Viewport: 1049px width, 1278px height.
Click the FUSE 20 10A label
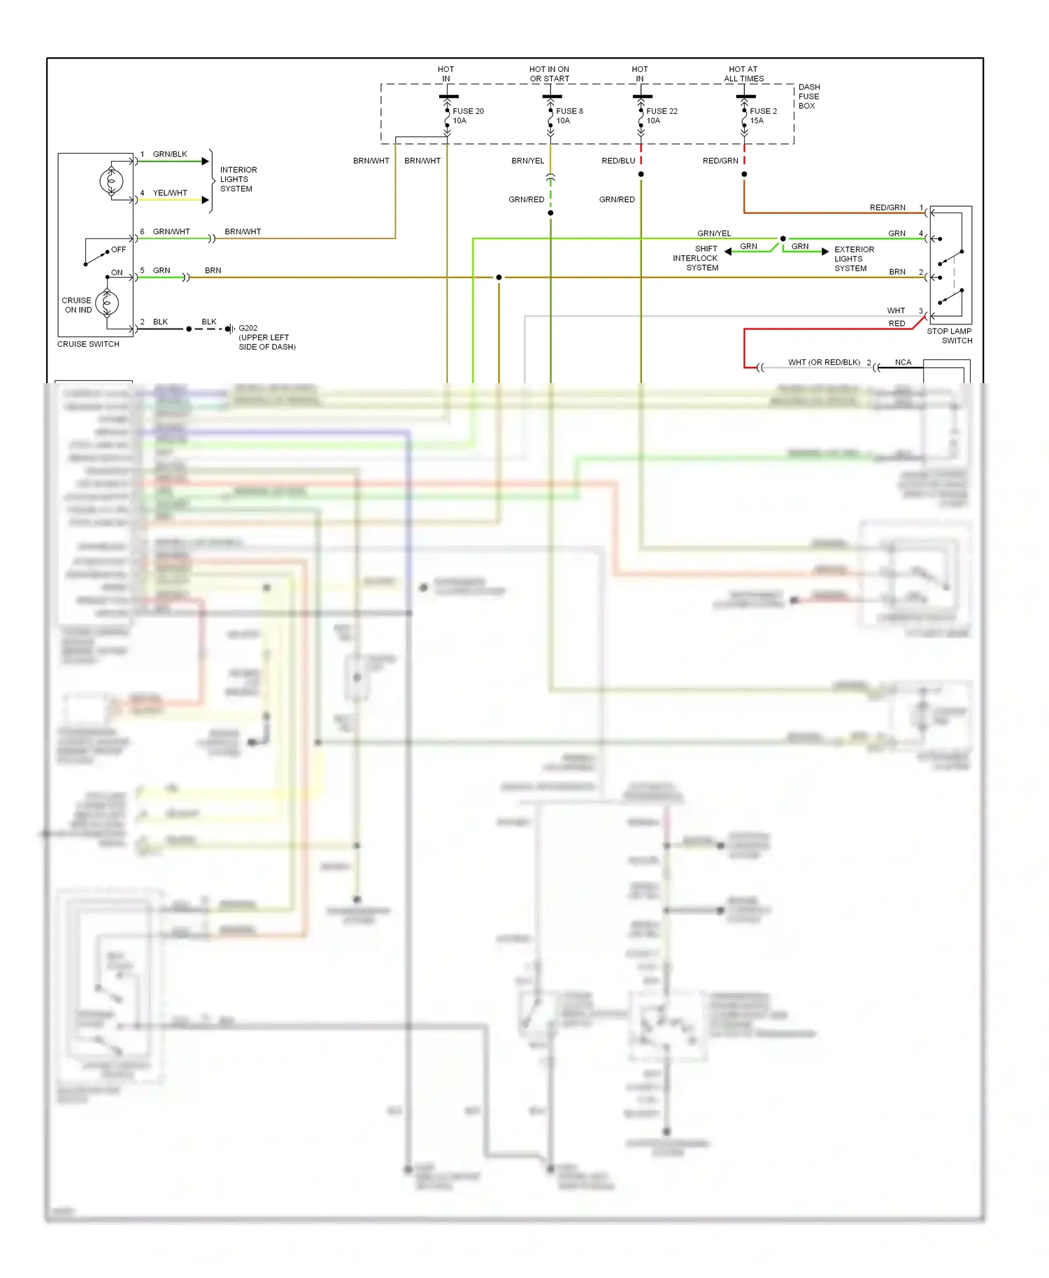[x=467, y=116]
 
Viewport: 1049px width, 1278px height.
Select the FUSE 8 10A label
[x=569, y=116]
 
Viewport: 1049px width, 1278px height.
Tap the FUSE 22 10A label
[x=661, y=116]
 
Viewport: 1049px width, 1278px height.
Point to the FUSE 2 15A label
[x=762, y=116]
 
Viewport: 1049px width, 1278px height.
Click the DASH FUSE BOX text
[x=808, y=96]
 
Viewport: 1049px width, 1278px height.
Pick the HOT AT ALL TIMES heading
[x=743, y=74]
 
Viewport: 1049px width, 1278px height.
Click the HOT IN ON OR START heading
[x=549, y=74]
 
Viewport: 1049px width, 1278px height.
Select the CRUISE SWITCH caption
[x=88, y=344]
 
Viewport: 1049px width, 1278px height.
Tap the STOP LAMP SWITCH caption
[x=949, y=336]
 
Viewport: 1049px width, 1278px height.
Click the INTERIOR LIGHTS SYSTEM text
[x=238, y=179]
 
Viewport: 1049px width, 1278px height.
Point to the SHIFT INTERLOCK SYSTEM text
[x=696, y=258]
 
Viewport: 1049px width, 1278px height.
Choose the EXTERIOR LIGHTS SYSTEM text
[x=853, y=259]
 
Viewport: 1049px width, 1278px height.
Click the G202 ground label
[x=248, y=328]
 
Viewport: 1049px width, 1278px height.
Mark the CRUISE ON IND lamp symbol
[x=107, y=303]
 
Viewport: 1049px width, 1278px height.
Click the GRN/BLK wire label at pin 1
[x=170, y=154]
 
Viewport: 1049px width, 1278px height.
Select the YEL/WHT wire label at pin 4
[x=170, y=193]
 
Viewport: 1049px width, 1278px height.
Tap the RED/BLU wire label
[x=618, y=161]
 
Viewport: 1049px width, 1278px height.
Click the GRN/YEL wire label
[x=713, y=234]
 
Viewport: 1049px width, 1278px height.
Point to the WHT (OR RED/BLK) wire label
[x=824, y=362]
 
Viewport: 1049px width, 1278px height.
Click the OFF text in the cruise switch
[x=119, y=250]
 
